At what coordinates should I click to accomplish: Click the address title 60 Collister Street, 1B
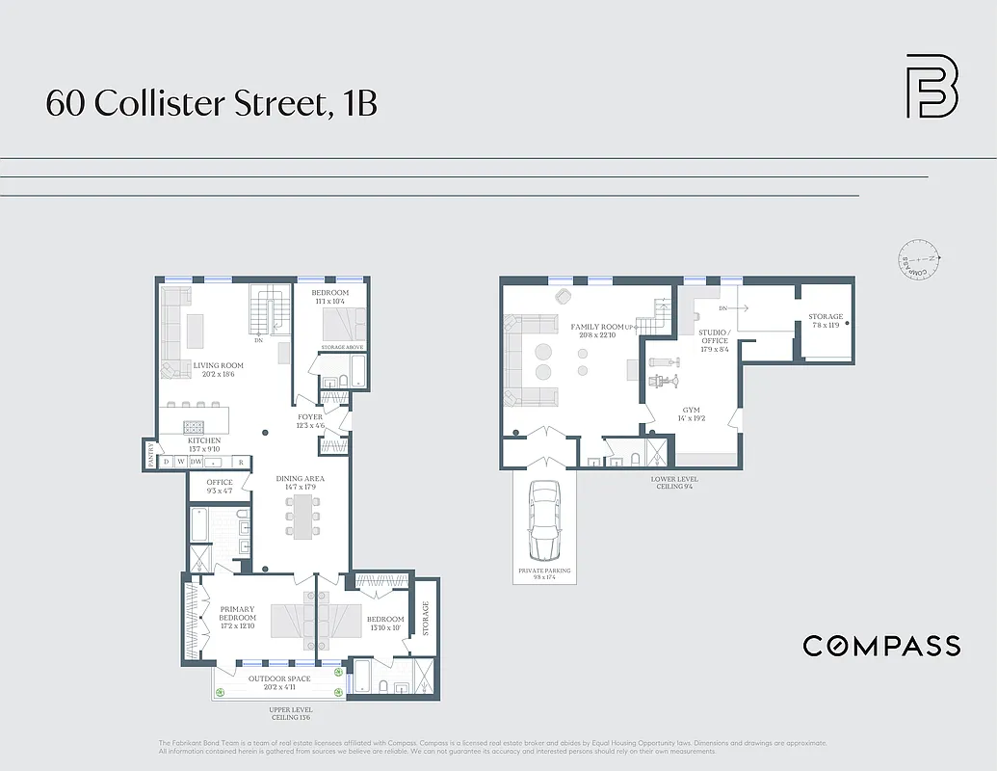tap(211, 102)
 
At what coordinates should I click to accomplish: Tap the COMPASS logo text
tap(881, 646)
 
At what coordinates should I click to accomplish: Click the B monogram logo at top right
tap(931, 87)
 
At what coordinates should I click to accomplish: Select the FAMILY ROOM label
tap(596, 327)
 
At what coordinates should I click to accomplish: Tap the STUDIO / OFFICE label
tap(714, 336)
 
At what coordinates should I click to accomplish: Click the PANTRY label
tap(150, 453)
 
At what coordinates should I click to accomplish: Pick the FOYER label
tap(309, 417)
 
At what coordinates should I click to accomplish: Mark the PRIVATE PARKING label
tap(544, 571)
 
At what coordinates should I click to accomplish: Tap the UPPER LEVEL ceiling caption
tap(289, 713)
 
